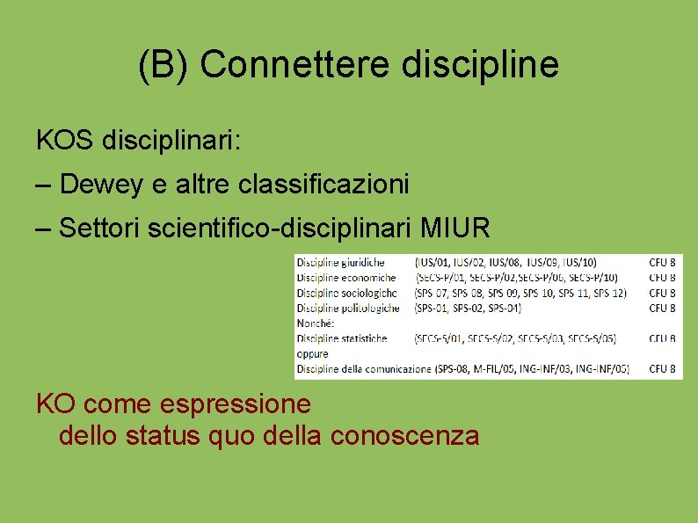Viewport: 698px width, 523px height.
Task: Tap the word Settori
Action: point(98,230)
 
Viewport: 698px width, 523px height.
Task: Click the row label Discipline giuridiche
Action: point(340,262)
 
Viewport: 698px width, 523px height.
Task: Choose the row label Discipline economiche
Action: point(345,277)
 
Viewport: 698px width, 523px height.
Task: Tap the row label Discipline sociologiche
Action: point(346,293)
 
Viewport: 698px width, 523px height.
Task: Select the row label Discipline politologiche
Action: point(348,308)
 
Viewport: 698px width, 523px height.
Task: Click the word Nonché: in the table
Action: point(315,323)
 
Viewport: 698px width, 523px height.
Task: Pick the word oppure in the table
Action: point(312,353)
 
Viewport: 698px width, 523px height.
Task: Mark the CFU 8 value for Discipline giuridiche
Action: point(662,262)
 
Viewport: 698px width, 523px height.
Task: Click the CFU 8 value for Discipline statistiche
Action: point(662,338)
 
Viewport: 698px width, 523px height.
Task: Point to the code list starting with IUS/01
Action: point(505,262)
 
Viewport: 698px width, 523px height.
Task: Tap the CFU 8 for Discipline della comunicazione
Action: point(662,369)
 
